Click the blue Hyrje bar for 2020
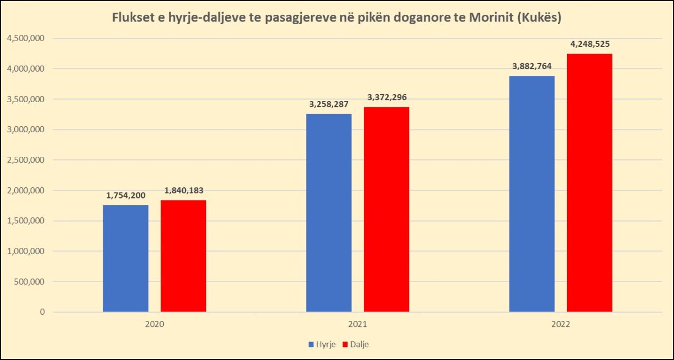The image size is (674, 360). click(x=125, y=258)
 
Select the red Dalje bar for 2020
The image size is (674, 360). click(x=183, y=256)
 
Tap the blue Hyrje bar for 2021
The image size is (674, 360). click(x=329, y=213)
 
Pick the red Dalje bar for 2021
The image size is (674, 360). click(x=386, y=209)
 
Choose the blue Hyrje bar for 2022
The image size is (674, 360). click(x=532, y=194)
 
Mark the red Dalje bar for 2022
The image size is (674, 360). click(x=590, y=183)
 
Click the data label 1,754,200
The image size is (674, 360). click(x=126, y=195)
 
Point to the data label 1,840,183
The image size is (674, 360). click(x=184, y=190)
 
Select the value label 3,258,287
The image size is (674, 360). click(x=329, y=104)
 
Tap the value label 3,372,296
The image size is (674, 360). click(x=387, y=97)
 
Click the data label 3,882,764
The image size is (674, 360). click(x=532, y=66)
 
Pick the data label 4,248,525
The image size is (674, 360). click(x=590, y=44)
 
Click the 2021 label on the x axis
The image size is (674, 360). click(x=358, y=325)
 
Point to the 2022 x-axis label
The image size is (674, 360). click(x=561, y=325)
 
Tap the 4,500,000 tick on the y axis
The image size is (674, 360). click(x=26, y=38)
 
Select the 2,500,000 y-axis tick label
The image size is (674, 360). click(x=26, y=160)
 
